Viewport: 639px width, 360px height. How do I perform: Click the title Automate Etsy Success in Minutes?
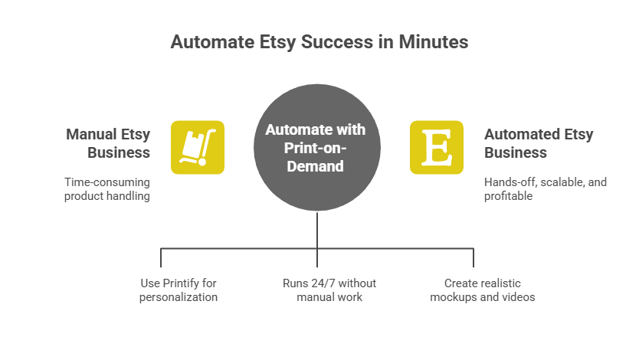click(319, 41)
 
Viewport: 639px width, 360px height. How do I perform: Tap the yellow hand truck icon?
click(197, 147)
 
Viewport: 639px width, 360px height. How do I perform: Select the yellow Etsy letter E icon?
click(437, 147)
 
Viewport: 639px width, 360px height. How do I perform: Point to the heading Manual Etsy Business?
click(108, 143)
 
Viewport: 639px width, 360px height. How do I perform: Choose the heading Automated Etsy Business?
click(538, 143)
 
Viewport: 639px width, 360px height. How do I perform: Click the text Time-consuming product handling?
click(106, 189)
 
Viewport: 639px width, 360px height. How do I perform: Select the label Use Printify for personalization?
click(179, 290)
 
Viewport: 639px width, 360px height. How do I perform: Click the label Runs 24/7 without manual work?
click(329, 290)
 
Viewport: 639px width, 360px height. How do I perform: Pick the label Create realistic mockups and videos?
click(483, 290)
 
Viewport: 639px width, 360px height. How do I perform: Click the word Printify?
click(181, 283)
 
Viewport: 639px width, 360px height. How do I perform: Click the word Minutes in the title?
click(432, 41)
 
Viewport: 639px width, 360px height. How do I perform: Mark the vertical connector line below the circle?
click(316, 230)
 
